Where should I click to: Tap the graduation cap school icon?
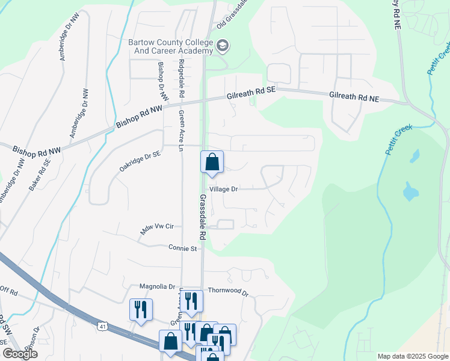point(223,46)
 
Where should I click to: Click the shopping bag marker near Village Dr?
point(212,162)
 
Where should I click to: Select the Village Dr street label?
point(226,189)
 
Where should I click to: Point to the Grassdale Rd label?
point(203,217)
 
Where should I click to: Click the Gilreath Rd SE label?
point(251,93)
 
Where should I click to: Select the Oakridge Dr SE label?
point(140,161)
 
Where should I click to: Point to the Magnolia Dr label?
point(156,286)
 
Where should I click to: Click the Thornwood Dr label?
point(228,291)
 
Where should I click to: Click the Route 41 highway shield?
point(103,326)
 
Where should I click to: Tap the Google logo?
point(20,354)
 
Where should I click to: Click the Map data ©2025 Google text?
point(412,356)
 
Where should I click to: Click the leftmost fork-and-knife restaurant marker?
point(141,310)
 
